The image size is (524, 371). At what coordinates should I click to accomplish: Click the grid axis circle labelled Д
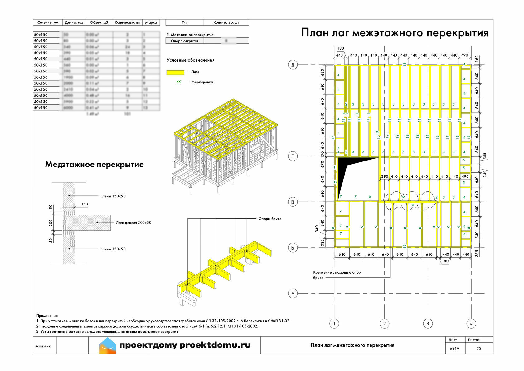(x=293, y=65)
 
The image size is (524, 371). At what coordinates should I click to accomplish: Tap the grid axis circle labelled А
(x=293, y=293)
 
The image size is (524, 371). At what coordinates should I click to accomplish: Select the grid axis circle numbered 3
(x=428, y=324)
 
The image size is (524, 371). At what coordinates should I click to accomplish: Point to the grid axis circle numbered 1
(x=334, y=324)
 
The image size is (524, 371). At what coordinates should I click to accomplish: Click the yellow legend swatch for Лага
(x=175, y=72)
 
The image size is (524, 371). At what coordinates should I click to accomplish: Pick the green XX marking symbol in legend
(x=178, y=82)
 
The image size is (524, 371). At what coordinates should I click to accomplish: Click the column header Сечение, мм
(x=48, y=22)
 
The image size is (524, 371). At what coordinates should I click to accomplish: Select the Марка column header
(x=151, y=22)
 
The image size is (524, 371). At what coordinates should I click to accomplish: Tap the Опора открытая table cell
(x=185, y=41)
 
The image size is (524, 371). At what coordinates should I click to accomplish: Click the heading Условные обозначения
(x=191, y=60)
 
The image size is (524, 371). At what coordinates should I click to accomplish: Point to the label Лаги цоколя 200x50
(x=133, y=223)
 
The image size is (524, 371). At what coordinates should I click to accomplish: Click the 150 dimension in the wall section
(x=85, y=204)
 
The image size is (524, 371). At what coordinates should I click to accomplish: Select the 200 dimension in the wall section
(x=51, y=223)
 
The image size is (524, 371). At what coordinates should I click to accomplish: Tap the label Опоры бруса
(x=270, y=219)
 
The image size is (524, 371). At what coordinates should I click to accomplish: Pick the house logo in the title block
(x=108, y=345)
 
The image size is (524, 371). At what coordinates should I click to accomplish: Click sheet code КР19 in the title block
(x=454, y=349)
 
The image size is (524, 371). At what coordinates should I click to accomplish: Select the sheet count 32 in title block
(x=479, y=348)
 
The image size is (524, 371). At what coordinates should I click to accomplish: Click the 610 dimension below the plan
(x=371, y=255)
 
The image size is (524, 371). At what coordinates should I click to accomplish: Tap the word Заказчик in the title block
(x=43, y=346)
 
